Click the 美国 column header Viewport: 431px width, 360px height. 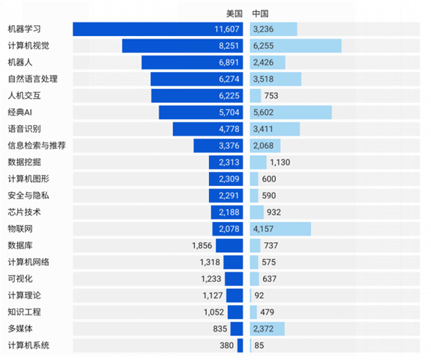[234, 14]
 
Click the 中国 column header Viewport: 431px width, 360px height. [260, 14]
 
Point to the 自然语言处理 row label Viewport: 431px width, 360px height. [32, 79]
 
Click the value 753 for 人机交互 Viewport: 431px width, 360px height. [271, 96]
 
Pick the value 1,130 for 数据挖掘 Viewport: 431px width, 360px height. [279, 162]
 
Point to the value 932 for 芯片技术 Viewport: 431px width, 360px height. [273, 212]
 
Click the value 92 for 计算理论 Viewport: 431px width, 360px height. [261, 295]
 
